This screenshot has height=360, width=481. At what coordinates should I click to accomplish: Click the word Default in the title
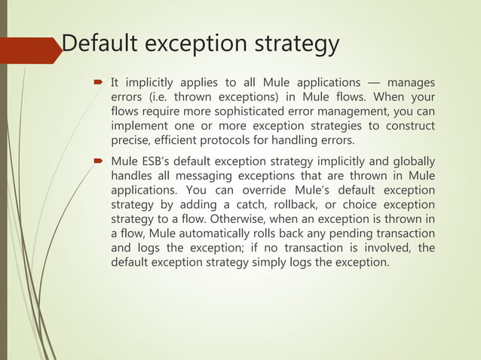pos(100,44)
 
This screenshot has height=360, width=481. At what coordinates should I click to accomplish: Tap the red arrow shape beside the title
pos(30,50)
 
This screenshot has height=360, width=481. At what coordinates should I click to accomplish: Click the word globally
pos(411,160)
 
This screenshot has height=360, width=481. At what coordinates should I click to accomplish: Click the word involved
pos(375,248)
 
